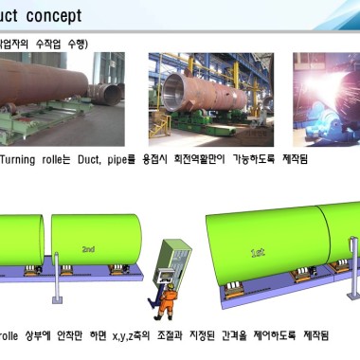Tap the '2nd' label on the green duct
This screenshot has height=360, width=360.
tap(87, 249)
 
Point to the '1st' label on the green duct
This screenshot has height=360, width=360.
tap(258, 253)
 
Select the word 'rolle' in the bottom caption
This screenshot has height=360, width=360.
tap(12, 335)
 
